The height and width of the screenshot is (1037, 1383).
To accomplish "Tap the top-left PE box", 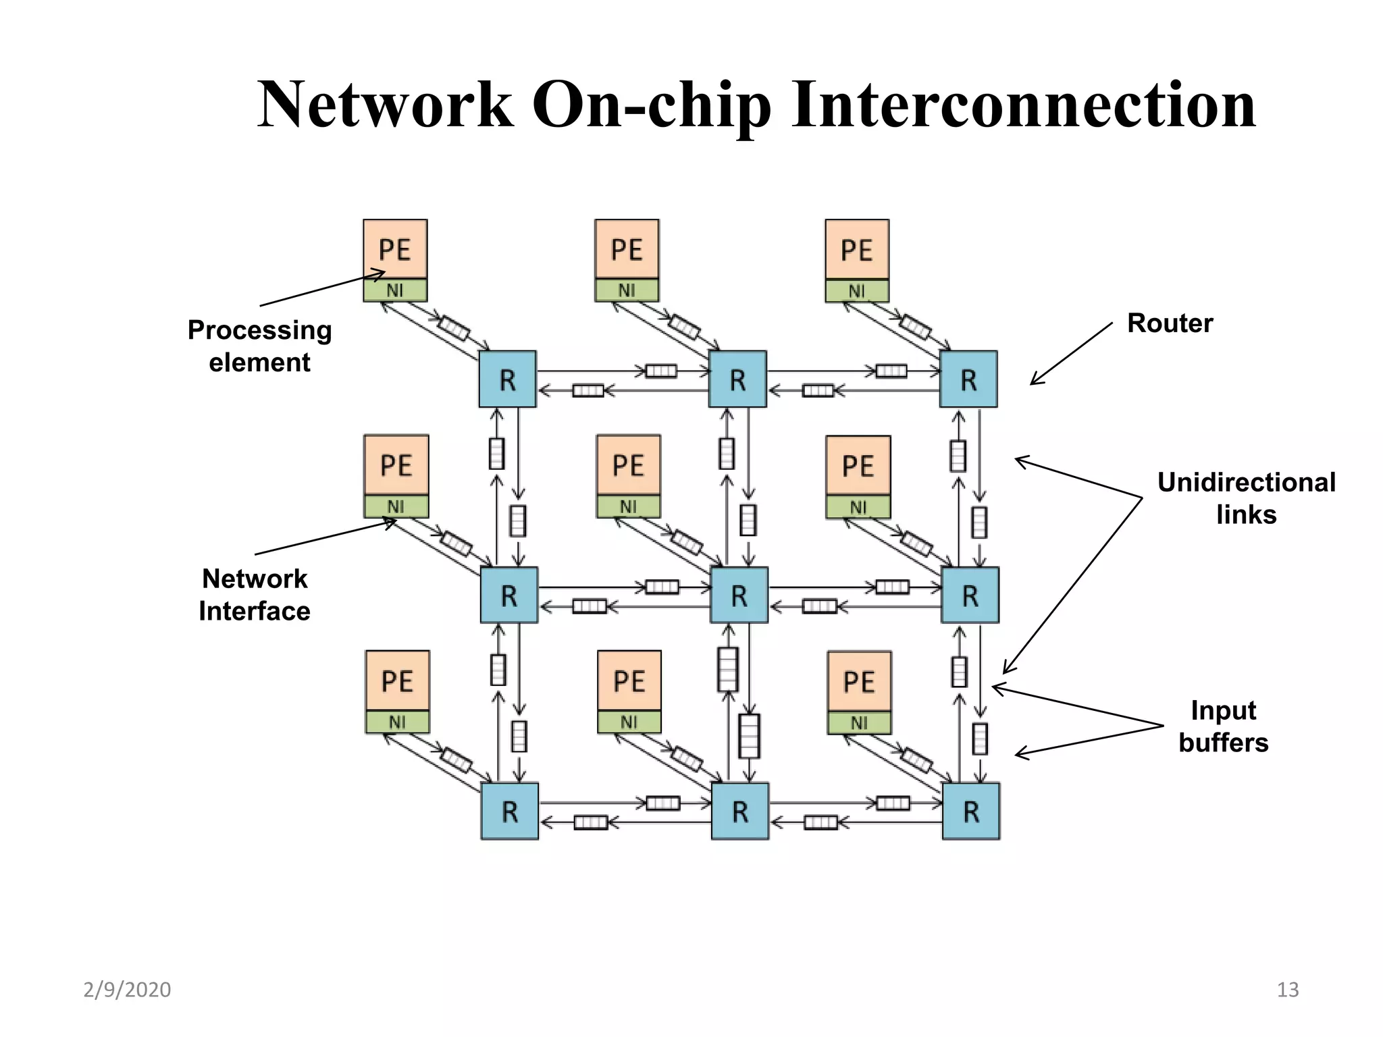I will (395, 249).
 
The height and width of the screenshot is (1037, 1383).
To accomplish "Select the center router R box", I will (739, 595).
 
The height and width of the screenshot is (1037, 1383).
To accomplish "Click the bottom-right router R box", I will (970, 811).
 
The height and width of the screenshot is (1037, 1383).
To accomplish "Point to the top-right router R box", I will (968, 379).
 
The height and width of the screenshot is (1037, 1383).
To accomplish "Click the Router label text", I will (1170, 323).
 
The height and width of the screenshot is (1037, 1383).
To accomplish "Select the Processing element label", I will (260, 346).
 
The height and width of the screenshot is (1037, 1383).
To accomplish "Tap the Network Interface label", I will (255, 595).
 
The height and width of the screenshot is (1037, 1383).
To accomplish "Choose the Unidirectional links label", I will (1246, 498).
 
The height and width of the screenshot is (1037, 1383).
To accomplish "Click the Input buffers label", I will (1223, 726).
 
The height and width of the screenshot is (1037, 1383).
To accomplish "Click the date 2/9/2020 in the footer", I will (127, 990).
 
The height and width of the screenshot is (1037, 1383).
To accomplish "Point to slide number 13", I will (1287, 990).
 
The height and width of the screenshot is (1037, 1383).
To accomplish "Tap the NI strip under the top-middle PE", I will (627, 290).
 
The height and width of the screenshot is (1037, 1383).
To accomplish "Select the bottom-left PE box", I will (397, 681).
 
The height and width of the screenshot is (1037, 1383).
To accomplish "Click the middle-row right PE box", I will (858, 465).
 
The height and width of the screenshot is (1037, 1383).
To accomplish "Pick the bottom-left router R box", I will (510, 811).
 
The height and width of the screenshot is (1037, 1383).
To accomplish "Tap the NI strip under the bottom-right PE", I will (859, 723).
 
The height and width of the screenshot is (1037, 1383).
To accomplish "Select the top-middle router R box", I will (737, 379).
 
